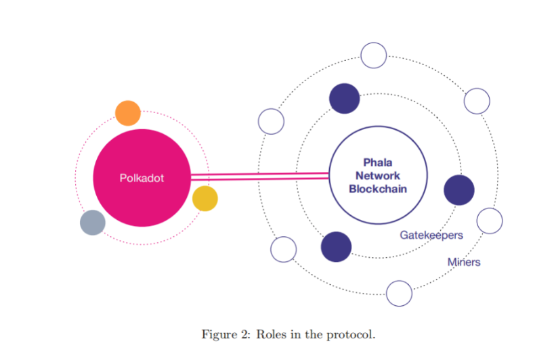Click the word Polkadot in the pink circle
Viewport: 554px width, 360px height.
click(142, 179)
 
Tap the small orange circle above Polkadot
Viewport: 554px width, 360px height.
click(128, 113)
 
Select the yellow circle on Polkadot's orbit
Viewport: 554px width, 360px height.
click(205, 199)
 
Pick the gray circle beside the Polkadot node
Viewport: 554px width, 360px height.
click(93, 223)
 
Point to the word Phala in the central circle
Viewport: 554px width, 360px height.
click(377, 162)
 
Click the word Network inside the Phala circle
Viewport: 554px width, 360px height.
click(377, 176)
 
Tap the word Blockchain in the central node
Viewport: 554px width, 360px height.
click(378, 189)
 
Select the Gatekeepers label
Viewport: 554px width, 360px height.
click(431, 235)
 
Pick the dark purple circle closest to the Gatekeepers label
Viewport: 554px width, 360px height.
click(459, 189)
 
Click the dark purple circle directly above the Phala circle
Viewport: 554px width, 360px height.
click(344, 99)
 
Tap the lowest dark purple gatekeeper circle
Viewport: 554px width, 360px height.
click(336, 246)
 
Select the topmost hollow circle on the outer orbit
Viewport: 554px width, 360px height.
click(374, 55)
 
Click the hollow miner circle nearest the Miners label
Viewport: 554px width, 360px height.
click(490, 220)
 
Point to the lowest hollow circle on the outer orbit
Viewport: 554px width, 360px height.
click(399, 293)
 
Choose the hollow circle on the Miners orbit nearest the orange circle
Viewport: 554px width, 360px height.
click(271, 122)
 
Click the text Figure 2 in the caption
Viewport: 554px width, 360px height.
click(223, 335)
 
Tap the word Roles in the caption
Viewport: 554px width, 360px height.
click(272, 335)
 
